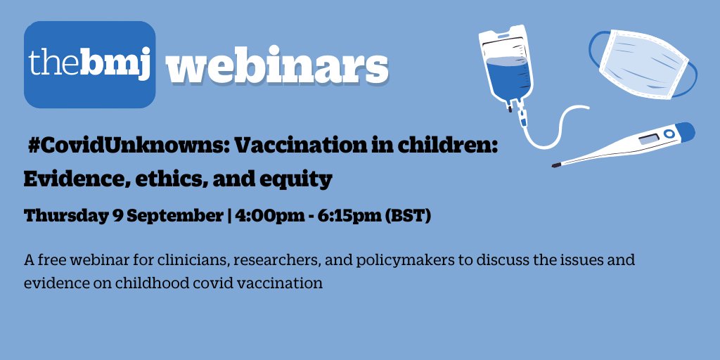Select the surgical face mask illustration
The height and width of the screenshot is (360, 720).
click(x=643, y=64)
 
